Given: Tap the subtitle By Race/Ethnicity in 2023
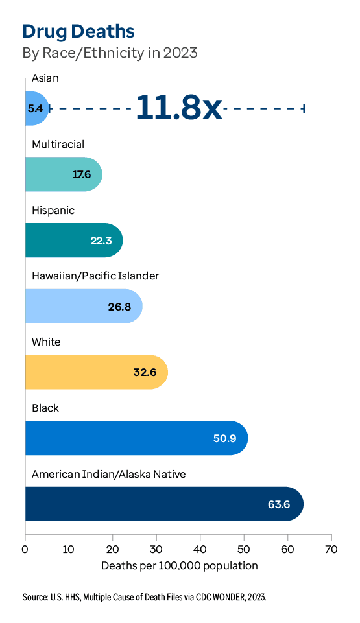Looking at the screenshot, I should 110,53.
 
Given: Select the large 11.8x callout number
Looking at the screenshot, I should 178,108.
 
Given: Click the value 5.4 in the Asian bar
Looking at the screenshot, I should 35,109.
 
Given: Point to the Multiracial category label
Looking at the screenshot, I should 58,144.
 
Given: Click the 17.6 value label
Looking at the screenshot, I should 82,175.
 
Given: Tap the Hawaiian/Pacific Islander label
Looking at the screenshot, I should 95,276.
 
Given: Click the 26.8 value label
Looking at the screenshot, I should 119,307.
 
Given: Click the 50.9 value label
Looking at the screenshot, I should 224,438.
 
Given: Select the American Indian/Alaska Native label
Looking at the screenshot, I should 108,475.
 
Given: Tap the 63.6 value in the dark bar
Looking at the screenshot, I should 279,504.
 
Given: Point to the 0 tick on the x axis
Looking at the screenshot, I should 25,548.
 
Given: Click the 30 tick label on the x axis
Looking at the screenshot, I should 156,548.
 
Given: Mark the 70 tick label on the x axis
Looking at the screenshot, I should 331,548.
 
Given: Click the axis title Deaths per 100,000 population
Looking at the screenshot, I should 180,566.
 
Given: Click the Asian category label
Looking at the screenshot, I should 45,78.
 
